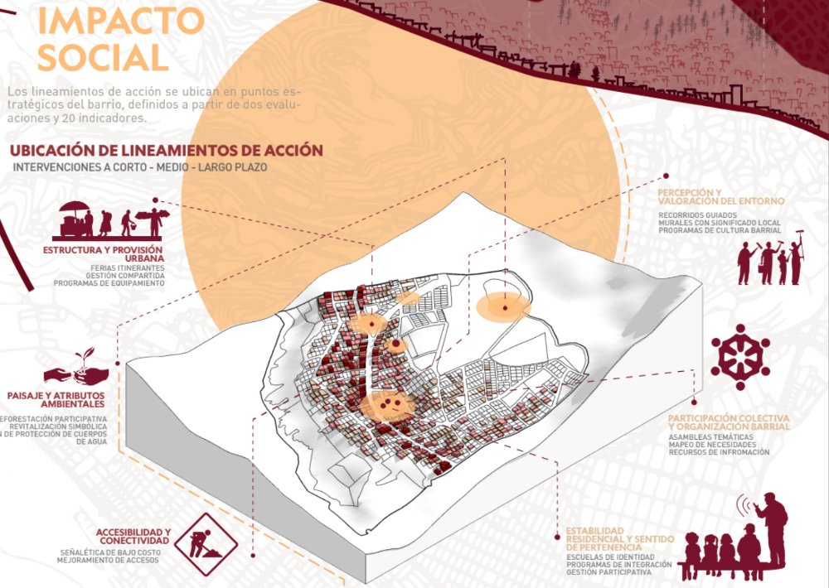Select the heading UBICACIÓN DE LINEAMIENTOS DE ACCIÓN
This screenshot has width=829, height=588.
(165, 151)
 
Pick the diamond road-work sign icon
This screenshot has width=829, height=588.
(207, 544)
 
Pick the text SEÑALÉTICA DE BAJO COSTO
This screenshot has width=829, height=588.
(109, 552)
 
